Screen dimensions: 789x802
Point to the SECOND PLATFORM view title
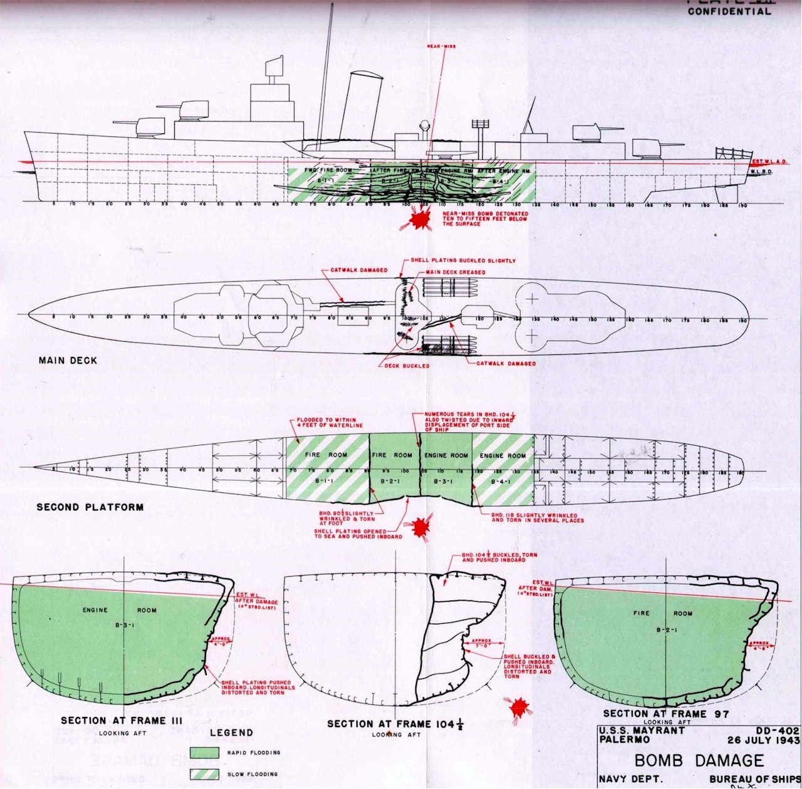[x=90, y=507]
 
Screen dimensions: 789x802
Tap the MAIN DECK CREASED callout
[x=455, y=272]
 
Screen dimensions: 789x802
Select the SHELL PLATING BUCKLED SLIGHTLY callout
[x=464, y=260]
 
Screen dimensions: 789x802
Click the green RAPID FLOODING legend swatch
[x=206, y=753]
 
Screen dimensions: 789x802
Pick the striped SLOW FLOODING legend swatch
[x=206, y=774]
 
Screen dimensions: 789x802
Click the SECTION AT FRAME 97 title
[x=666, y=713]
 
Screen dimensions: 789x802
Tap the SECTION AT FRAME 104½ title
[x=395, y=724]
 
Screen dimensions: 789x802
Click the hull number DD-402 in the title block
[x=778, y=730]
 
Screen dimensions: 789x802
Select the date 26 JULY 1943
[x=763, y=740]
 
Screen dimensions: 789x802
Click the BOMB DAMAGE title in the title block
[x=699, y=761]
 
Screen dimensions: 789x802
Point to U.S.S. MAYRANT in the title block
[x=640, y=730]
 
